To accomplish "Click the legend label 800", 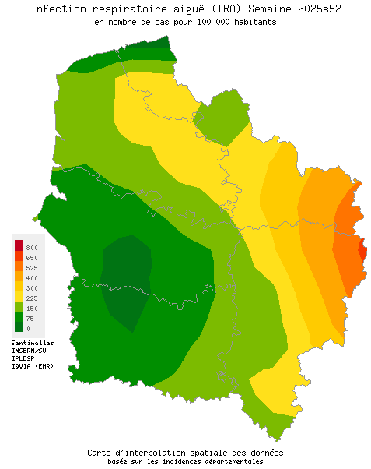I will [32, 248].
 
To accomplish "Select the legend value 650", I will [32, 258].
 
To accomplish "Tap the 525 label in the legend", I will [32, 268].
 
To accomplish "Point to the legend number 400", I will [32, 278].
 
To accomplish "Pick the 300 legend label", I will [32, 288].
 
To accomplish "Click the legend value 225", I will [32, 298].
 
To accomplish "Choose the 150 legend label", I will [32, 309].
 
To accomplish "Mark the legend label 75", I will [30, 319].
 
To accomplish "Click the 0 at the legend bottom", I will [28, 329].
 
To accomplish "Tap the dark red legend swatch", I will [18, 246].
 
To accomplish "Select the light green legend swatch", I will [18, 307].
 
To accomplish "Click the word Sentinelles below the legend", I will [33, 343].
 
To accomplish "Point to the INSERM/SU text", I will [29, 351].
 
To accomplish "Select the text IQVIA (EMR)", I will [33, 366].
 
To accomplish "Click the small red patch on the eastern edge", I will [362, 251].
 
